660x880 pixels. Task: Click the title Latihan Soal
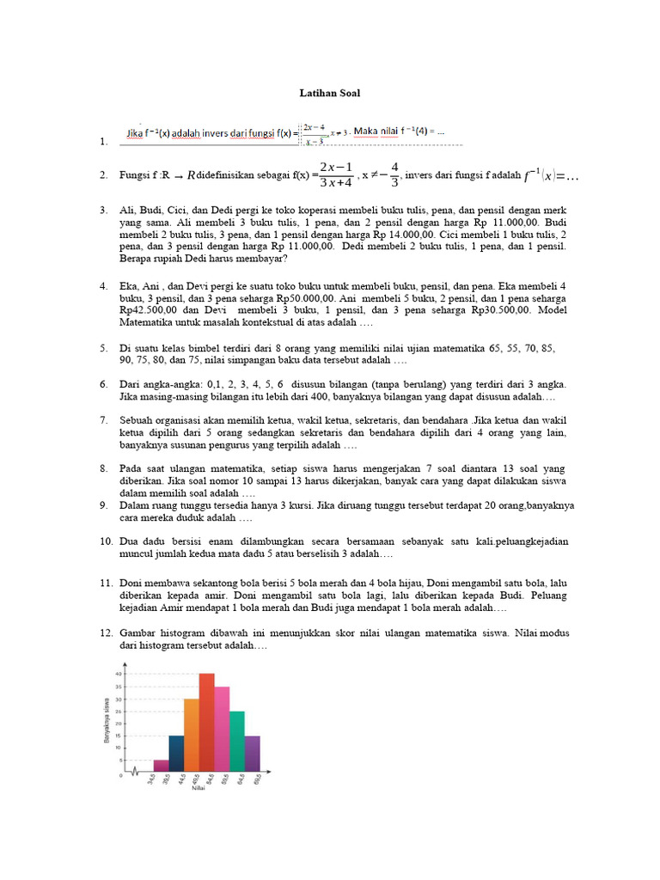click(330, 93)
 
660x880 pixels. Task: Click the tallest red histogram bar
click(206, 722)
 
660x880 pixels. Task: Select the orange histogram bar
click(191, 735)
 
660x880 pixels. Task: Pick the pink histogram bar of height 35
click(222, 729)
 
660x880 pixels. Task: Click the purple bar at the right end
click(253, 753)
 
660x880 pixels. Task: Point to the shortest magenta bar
click(161, 765)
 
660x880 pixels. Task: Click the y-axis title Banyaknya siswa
click(106, 721)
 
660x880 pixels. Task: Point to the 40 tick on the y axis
click(119, 674)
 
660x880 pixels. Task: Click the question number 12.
click(106, 632)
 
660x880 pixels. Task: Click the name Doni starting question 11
click(133, 583)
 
